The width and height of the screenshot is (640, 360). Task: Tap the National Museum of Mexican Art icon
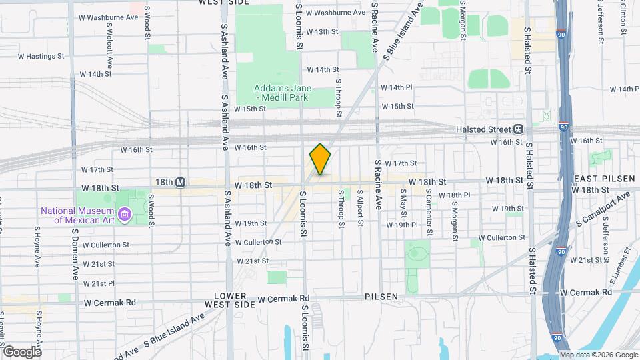(124, 214)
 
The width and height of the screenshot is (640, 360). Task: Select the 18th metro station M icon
(181, 182)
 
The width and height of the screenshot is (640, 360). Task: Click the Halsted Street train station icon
(518, 129)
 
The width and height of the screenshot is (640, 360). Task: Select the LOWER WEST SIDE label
(235, 300)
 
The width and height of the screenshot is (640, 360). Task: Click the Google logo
(21, 351)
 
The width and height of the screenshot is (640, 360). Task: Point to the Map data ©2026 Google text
(599, 354)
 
